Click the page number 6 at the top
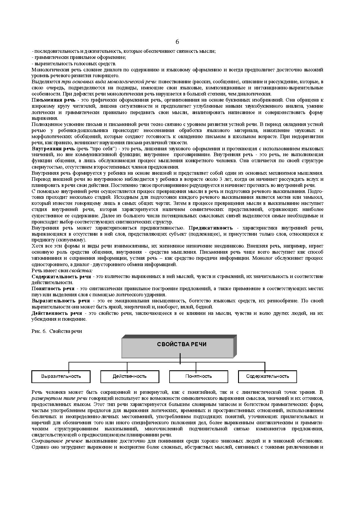[177, 41]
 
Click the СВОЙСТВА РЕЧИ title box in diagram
[177, 348]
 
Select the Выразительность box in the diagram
[61, 376]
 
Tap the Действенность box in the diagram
[129, 376]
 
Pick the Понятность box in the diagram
[199, 376]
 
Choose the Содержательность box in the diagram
[267, 376]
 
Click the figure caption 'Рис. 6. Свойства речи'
[57, 331]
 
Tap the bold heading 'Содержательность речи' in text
[61, 277]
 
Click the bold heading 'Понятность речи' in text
[53, 289]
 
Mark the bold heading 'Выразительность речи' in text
[61, 301]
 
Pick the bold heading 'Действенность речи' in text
[57, 313]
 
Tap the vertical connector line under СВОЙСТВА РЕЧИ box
[180, 359]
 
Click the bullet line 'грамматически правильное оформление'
[79, 57]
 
